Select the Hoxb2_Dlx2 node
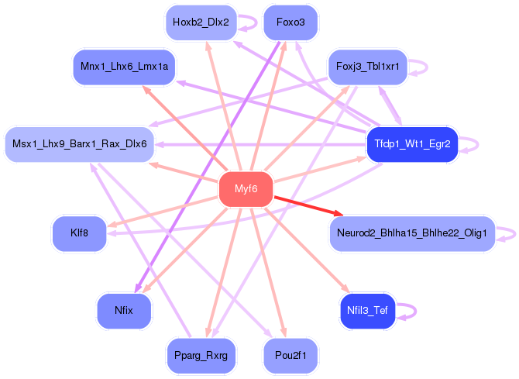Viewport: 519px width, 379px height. point(201,22)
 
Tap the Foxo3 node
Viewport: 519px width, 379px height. point(290,22)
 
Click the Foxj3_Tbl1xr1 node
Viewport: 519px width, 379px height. point(368,67)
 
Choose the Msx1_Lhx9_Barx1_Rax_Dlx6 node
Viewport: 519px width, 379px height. point(81,143)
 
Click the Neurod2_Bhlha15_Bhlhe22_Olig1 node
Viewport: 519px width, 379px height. point(411,233)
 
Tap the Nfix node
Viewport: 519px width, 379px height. point(124,310)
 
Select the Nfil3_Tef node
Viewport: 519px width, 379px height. point(367,311)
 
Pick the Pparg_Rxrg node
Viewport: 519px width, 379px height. point(201,355)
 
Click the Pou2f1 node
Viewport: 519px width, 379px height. point(290,355)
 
